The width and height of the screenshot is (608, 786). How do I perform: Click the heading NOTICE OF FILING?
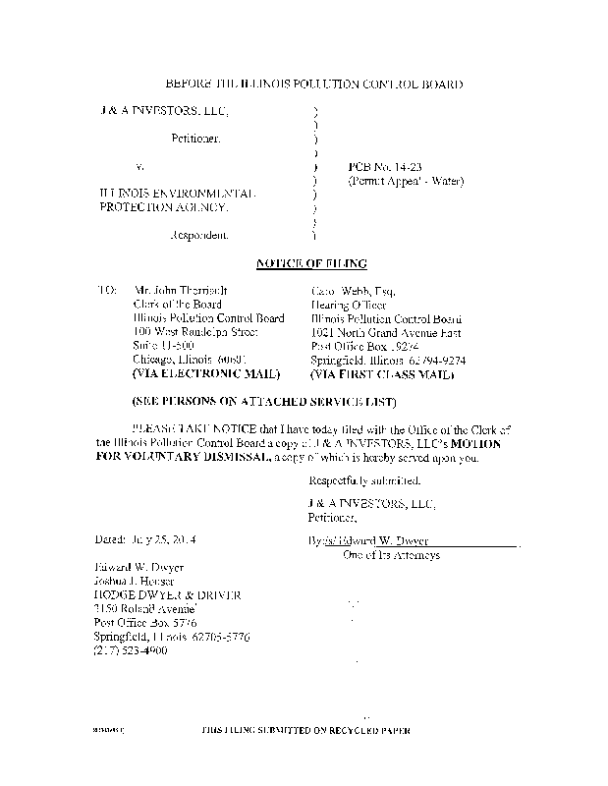point(311,263)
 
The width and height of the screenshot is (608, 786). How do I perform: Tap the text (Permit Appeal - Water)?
point(405,182)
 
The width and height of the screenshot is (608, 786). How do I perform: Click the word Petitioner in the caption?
point(196,140)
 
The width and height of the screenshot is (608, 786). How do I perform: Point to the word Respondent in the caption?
point(200,236)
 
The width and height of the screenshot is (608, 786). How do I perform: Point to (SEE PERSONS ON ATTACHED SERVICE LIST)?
point(264,404)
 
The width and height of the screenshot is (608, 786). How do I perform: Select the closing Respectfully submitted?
point(364,481)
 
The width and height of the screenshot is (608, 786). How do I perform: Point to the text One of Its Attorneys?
point(390,555)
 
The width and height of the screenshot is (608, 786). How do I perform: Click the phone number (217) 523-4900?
point(132,650)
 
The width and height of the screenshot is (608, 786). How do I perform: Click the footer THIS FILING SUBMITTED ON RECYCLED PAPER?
point(305,732)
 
